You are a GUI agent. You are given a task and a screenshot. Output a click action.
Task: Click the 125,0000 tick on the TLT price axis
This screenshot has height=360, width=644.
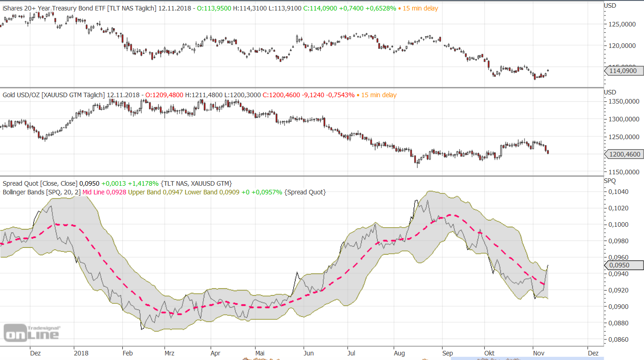click(x=623, y=24)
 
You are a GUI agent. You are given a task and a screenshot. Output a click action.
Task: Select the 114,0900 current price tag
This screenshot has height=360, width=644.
click(x=624, y=71)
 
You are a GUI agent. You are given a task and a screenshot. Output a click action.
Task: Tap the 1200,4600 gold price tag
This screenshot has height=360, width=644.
click(x=624, y=154)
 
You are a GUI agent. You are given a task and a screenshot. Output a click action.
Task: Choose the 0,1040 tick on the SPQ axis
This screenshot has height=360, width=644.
click(x=620, y=192)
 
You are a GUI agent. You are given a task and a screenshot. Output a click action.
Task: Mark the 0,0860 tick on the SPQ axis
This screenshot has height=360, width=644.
click(x=620, y=339)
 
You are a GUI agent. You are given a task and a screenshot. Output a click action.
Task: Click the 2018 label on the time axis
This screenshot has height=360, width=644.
click(x=81, y=353)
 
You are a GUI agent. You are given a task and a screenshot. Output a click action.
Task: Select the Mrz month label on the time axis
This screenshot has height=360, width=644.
click(x=169, y=353)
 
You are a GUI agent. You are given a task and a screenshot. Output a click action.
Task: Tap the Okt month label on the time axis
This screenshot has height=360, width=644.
click(x=489, y=353)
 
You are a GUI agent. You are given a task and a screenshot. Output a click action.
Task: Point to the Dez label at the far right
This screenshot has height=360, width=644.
click(x=592, y=353)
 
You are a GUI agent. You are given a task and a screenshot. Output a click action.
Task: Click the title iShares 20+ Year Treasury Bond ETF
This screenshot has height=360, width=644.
click(x=54, y=8)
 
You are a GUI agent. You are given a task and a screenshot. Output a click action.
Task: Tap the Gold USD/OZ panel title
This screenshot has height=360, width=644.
click(x=21, y=95)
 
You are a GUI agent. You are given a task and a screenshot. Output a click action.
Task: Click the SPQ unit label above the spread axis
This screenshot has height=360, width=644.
click(x=610, y=181)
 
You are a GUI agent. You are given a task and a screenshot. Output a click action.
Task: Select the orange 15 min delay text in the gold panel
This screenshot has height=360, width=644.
click(x=379, y=95)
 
